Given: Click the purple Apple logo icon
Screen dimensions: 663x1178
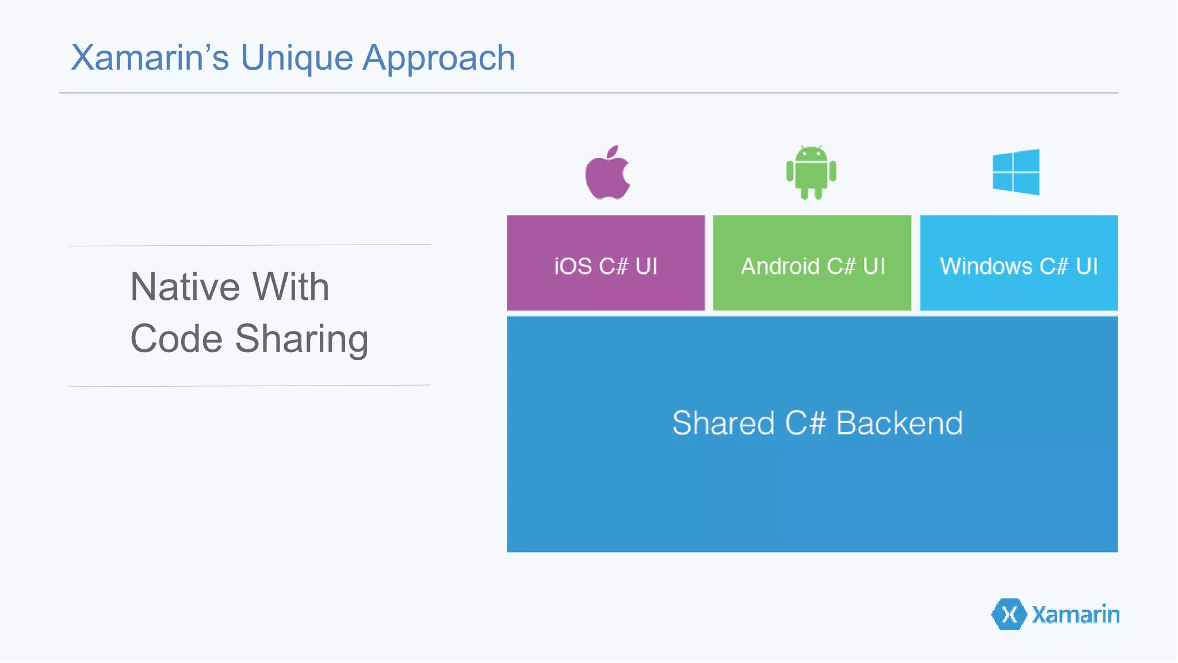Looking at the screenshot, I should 607,173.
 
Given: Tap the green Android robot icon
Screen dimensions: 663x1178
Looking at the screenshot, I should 811,173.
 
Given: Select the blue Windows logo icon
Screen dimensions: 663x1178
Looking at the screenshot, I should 1016,172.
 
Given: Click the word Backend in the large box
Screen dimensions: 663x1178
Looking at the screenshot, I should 899,424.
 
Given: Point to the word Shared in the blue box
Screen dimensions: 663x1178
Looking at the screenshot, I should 724,424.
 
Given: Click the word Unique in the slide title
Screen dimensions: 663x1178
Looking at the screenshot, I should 296,58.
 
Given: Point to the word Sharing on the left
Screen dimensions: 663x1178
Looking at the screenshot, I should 301,340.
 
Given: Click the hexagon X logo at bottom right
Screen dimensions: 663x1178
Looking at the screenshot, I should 1009,615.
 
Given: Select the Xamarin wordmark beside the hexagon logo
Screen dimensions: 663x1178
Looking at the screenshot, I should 1076,615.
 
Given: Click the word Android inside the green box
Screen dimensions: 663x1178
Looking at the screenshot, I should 780,266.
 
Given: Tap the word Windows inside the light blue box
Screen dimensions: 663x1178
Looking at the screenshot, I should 986,266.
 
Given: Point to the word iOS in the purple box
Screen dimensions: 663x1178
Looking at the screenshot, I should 573,266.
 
